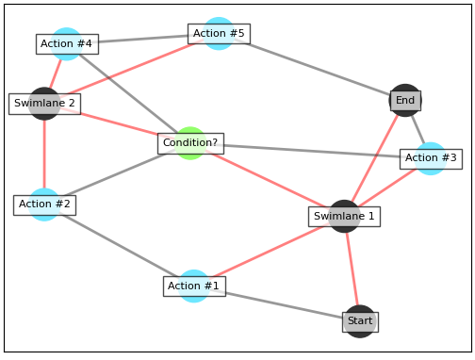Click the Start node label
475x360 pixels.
360,321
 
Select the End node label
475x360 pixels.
405,101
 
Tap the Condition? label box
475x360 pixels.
190,143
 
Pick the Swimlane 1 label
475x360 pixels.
344,217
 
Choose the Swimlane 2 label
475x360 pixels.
44,104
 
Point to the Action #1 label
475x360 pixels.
193,286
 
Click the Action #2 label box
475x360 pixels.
44,205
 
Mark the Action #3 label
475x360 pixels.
431,158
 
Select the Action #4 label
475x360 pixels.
67,44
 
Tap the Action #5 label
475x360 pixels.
219,34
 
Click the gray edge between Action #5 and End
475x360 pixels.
312,67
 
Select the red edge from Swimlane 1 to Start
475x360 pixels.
352,269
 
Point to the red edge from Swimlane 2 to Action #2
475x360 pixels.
44,154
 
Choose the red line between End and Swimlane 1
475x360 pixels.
374,158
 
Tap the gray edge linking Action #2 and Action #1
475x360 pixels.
119,245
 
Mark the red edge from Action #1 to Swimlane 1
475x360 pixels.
269,252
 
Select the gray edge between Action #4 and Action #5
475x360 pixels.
142,40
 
